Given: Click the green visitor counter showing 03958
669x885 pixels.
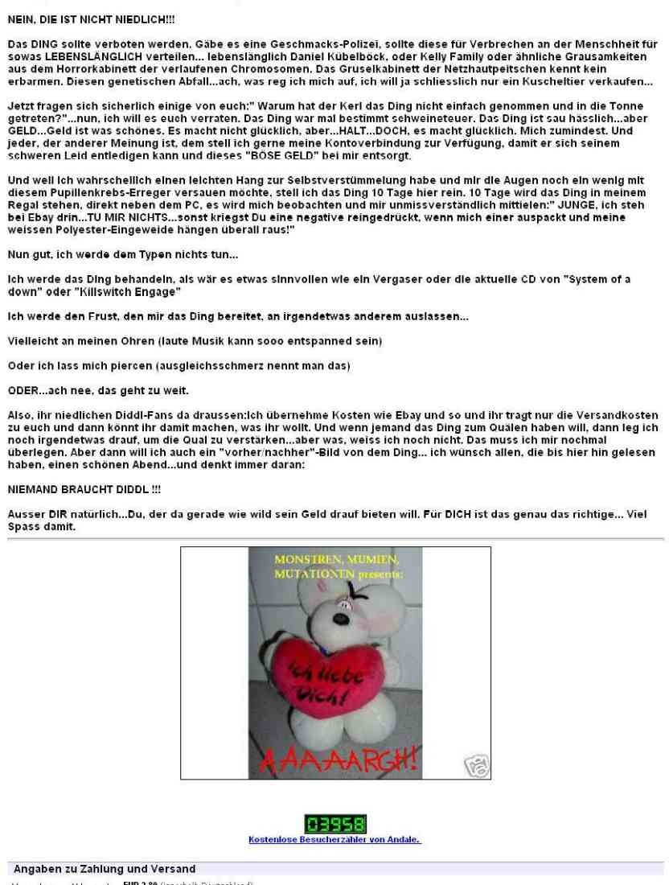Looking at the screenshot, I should point(335,824).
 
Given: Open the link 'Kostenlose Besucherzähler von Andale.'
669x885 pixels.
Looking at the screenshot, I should point(334,840).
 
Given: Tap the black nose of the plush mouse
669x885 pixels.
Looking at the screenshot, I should point(347,601).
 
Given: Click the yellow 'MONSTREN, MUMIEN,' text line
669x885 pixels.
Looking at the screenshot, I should point(336,559).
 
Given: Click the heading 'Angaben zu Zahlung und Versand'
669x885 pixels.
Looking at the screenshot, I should point(105,869).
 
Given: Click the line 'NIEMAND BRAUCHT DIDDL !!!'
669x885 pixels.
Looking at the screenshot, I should point(76,488).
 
